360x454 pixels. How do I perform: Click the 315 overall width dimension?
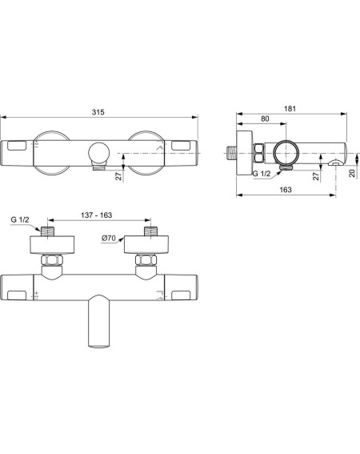[98, 112]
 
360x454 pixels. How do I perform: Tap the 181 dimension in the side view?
[290, 109]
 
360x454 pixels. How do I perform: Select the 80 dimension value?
[265, 119]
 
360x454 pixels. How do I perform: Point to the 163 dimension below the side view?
[286, 190]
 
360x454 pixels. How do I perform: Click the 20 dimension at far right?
[352, 173]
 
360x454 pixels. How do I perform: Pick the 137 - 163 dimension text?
[96, 215]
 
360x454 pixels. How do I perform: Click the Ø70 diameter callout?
[109, 239]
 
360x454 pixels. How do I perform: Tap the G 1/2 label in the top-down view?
[20, 219]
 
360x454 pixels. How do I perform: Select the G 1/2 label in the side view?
[262, 174]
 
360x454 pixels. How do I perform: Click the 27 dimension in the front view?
[118, 175]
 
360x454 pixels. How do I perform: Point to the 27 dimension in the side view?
[316, 175]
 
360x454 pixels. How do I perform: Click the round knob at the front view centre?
[99, 153]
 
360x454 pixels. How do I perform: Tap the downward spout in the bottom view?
[99, 321]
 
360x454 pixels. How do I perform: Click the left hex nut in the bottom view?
[52, 260]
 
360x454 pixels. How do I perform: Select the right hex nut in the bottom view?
[146, 260]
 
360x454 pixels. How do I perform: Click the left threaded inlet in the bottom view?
[48, 231]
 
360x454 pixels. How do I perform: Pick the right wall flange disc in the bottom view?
[146, 245]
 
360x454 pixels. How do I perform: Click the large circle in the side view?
[286, 153]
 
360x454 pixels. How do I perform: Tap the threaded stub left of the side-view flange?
[231, 153]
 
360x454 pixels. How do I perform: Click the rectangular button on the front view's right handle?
[181, 146]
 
